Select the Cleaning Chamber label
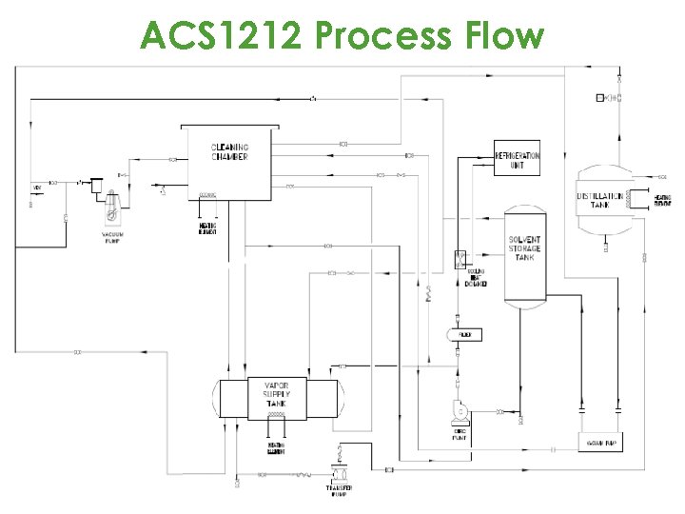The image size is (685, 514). coord(229,152)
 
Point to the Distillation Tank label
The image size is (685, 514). coord(600,201)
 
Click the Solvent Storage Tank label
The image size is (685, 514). coord(524,249)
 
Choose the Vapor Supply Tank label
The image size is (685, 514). coord(276,394)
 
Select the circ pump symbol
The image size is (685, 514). coord(460,410)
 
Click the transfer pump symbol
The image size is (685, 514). coord(338,473)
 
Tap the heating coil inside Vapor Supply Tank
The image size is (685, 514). coord(275,415)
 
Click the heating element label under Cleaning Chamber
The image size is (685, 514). coord(207,228)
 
